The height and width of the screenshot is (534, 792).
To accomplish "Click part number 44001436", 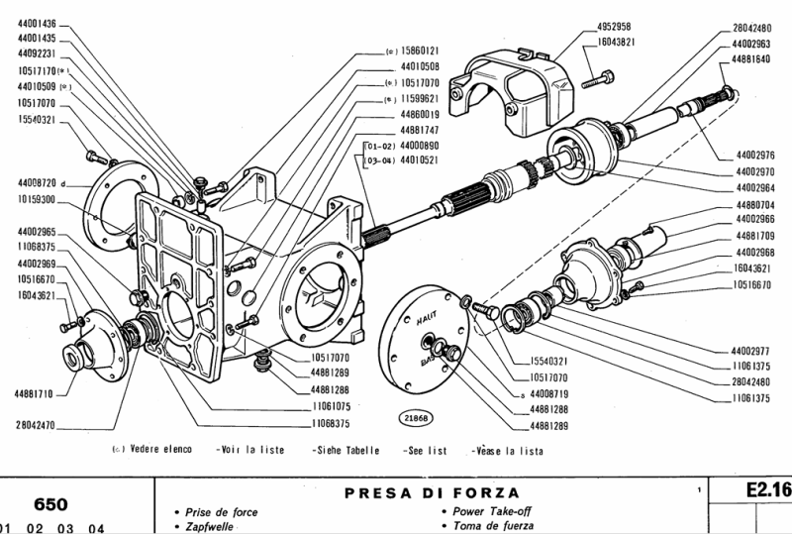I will [37, 23].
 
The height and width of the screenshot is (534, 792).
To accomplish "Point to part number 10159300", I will [37, 199].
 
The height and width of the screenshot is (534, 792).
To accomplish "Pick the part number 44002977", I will [752, 351].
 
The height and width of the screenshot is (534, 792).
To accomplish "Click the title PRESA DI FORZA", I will [432, 492].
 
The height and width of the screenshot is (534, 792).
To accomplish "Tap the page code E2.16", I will [766, 490].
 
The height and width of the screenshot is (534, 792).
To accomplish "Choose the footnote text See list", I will [425, 450].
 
